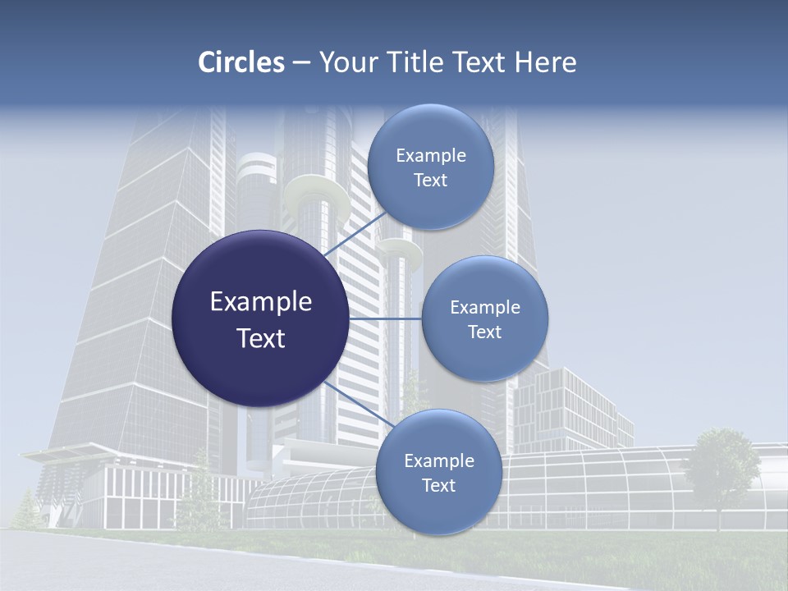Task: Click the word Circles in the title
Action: [x=241, y=62]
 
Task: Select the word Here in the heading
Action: [x=545, y=62]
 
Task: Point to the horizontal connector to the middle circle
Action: [x=385, y=318]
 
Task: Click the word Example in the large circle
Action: [x=261, y=302]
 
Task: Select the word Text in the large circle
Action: [x=261, y=338]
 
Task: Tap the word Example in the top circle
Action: [x=431, y=155]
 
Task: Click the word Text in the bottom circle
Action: [x=438, y=485]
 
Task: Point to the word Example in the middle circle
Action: [x=485, y=307]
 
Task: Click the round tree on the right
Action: [x=722, y=465]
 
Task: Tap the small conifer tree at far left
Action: [x=26, y=509]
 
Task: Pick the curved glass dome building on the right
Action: [x=624, y=484]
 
